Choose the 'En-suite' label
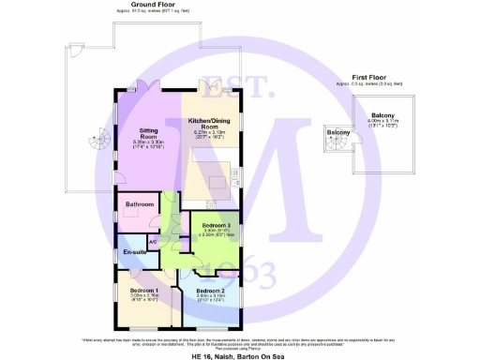(134, 252)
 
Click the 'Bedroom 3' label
(217, 225)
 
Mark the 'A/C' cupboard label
(153, 241)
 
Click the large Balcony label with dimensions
(382, 115)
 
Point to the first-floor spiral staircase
(335, 144)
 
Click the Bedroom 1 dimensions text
(143, 299)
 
